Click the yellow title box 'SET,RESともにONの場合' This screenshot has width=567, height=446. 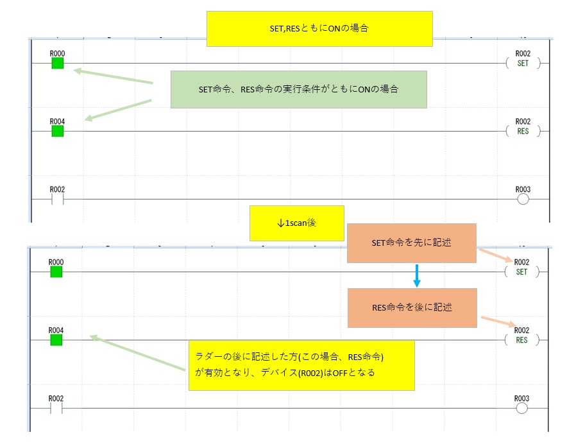(319, 29)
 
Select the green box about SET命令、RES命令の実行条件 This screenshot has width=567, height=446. (298, 89)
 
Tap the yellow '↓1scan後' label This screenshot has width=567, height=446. (296, 223)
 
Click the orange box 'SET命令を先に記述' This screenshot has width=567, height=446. (411, 243)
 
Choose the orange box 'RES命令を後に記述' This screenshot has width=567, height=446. (412, 307)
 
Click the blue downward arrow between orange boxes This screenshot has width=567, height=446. (416, 275)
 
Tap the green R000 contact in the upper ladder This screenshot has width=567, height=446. (58, 63)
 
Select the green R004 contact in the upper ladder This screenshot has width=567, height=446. (58, 131)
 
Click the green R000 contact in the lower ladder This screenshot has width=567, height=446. (56, 271)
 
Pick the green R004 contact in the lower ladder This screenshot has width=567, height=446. (56, 339)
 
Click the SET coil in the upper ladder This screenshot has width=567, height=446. (523, 64)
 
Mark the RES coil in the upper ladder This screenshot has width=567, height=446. (523, 131)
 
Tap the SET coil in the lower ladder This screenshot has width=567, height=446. (521, 272)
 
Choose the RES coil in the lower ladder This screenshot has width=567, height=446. (521, 340)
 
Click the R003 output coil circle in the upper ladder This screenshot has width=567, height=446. (523, 199)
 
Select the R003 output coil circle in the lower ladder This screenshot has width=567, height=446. (521, 407)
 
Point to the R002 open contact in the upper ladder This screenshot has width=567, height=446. (58, 199)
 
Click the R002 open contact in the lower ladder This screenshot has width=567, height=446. (56, 407)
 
